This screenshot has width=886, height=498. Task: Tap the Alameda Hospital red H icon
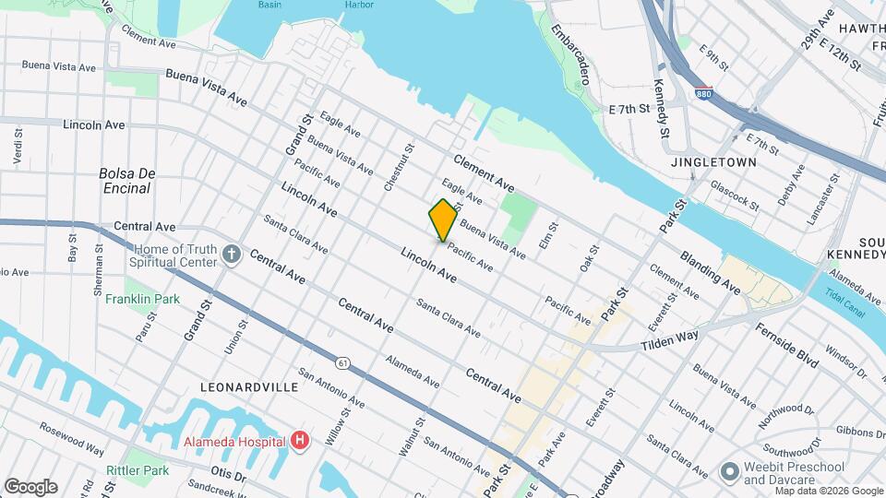[x=299, y=441]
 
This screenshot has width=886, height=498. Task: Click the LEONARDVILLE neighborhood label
[x=252, y=387]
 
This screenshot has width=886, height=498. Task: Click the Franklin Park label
[x=142, y=299]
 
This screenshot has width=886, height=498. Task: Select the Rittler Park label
[x=137, y=470]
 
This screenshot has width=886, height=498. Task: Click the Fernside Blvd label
[x=786, y=345]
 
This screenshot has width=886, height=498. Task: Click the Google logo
[x=30, y=487]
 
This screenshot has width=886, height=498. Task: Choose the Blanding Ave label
[x=710, y=273]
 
